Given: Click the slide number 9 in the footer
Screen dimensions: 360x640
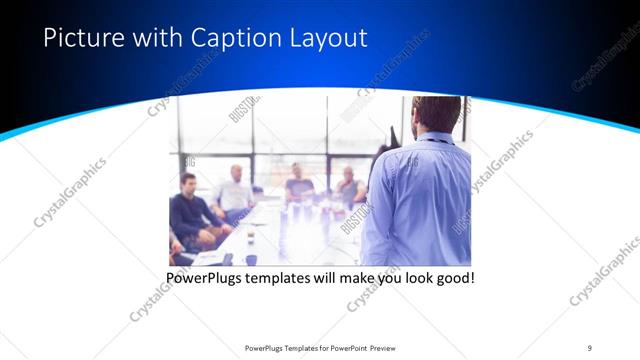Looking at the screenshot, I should tap(590, 347).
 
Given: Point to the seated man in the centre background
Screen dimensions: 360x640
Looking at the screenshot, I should tap(299, 182).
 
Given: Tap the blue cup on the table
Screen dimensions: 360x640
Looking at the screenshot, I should tap(250, 259).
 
